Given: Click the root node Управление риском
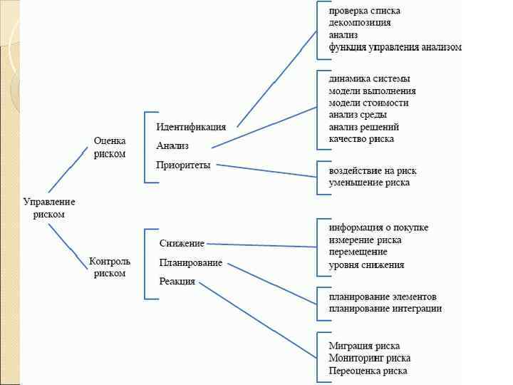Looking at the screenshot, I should [48, 207].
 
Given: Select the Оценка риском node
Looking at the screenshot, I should [110, 148].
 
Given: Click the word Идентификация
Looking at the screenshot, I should [191, 127].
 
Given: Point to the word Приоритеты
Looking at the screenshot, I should [183, 165].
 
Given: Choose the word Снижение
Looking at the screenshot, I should [182, 244].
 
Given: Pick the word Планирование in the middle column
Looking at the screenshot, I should [190, 262].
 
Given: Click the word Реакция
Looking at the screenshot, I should [177, 282].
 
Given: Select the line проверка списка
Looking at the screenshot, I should [364, 11].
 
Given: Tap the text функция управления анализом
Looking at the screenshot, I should [395, 47].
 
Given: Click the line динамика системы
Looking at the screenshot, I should [369, 78].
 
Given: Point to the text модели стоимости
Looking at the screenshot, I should [368, 103].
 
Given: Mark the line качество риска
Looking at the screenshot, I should [361, 139].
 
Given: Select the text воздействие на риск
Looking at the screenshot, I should [373, 171].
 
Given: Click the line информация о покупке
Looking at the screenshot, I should [378, 227].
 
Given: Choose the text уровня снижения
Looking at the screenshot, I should [366, 265].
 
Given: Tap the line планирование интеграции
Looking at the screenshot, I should [385, 309].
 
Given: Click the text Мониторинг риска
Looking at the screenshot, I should [369, 358].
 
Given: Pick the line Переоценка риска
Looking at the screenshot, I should [368, 371].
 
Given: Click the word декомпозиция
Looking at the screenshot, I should [359, 23].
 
